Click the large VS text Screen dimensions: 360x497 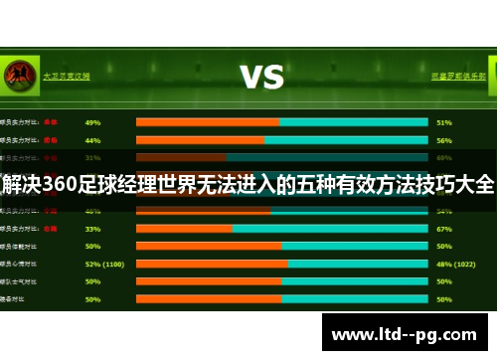[261, 77]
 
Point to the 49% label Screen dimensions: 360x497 [92, 122]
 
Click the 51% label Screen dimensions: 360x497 [444, 122]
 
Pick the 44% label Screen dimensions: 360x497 [92, 140]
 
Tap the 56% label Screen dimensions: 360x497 [444, 140]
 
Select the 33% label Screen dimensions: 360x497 [92, 228]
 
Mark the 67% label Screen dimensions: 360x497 [444, 228]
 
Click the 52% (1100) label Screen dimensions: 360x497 [104, 264]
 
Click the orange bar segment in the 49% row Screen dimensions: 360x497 [208, 122]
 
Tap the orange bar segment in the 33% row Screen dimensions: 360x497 [184, 228]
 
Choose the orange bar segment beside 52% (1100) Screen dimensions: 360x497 [212, 264]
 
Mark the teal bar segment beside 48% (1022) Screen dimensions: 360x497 [358, 264]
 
